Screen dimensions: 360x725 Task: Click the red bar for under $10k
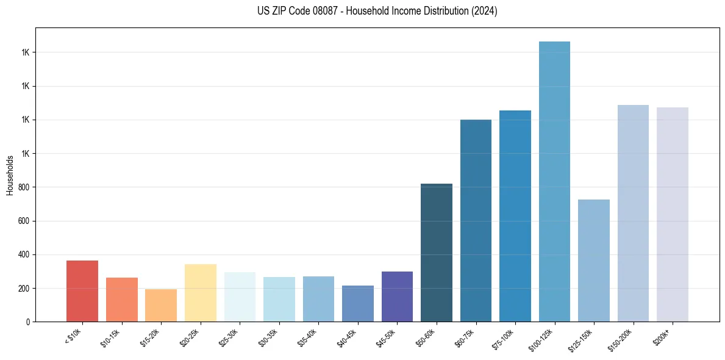tap(82, 291)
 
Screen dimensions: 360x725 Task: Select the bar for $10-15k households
tap(121, 300)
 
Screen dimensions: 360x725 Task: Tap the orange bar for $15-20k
tap(161, 305)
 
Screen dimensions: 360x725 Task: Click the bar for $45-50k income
tap(397, 297)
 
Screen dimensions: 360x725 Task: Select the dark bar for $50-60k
tap(437, 253)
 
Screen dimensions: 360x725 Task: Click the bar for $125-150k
tap(594, 261)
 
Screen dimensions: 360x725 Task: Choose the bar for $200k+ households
tap(673, 214)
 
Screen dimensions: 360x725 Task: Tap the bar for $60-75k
tap(476, 220)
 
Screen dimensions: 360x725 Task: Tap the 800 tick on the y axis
tap(25, 187)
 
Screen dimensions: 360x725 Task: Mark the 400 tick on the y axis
tap(25, 254)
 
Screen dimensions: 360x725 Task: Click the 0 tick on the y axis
tap(28, 322)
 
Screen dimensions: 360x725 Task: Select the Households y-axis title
tap(10, 175)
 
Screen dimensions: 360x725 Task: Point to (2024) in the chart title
tap(484, 11)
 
